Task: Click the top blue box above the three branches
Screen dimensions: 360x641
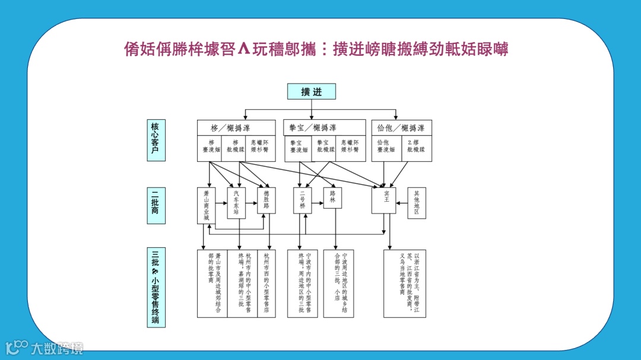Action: click(312, 91)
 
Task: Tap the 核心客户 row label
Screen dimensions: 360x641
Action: click(156, 141)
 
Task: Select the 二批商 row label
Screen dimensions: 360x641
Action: click(156, 206)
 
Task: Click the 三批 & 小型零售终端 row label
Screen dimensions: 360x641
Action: click(156, 288)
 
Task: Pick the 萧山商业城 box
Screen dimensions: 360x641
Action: click(206, 205)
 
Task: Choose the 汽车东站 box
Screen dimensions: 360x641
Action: click(236, 203)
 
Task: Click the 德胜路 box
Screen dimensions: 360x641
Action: click(266, 200)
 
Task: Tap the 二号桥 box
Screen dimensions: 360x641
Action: click(302, 200)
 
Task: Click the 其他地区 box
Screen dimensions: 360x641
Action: click(417, 203)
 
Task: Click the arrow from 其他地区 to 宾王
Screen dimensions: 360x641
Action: click(402, 200)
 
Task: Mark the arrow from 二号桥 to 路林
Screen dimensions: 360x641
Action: click(318, 200)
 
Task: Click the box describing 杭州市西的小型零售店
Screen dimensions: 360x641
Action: click(266, 283)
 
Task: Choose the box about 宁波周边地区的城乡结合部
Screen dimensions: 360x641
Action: click(338, 283)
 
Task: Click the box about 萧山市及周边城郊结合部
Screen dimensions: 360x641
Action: click(212, 283)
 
